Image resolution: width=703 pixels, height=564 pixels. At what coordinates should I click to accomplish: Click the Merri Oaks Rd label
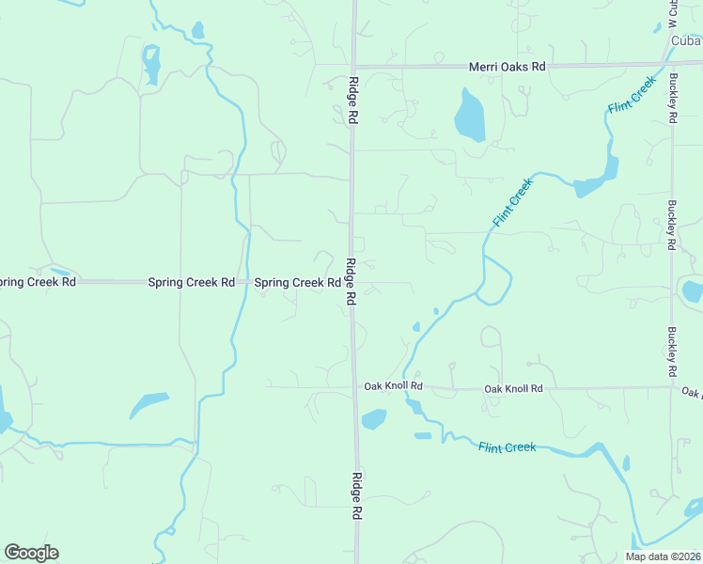[508, 67]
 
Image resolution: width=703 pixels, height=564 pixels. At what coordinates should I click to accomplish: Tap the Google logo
[31, 553]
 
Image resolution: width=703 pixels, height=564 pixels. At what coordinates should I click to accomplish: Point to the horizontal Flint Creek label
[507, 447]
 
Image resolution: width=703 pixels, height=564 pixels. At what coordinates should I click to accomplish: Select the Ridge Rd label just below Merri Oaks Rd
[354, 102]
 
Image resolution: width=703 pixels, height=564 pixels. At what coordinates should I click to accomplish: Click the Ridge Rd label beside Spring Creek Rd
[350, 281]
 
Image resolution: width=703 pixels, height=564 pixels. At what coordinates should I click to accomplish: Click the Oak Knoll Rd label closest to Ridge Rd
[394, 386]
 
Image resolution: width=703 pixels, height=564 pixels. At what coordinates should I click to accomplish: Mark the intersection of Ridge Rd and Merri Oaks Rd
[353, 66]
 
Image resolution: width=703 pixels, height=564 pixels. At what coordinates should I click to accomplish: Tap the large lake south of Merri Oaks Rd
[469, 115]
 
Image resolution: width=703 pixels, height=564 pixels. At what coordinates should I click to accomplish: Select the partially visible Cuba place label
[687, 40]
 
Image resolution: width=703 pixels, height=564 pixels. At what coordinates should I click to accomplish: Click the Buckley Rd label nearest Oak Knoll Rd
[672, 351]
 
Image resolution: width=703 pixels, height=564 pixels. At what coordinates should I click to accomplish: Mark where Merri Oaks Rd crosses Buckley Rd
[671, 65]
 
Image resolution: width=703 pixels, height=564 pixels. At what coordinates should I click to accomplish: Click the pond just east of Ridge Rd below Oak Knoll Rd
[374, 419]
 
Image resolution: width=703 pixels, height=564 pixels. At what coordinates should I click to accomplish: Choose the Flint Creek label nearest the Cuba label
[631, 96]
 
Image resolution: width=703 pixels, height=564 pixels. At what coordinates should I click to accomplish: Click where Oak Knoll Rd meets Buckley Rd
[673, 385]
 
